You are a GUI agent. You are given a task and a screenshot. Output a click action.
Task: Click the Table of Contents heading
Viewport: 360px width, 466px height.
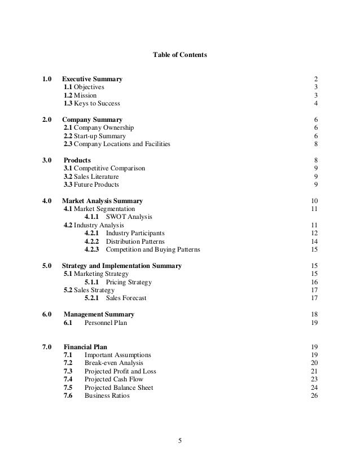(180, 55)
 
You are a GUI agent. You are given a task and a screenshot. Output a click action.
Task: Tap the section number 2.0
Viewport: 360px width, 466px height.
(47, 120)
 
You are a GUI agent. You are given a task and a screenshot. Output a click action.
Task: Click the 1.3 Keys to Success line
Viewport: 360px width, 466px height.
(91, 103)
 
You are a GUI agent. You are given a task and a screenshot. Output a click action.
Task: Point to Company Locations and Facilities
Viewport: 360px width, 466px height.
(117, 144)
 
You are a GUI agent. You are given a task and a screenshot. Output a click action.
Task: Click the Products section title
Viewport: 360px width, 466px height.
(77, 161)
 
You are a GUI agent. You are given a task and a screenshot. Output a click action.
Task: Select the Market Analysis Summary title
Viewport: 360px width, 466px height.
(102, 201)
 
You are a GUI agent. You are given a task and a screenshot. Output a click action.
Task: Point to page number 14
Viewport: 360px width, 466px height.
(314, 241)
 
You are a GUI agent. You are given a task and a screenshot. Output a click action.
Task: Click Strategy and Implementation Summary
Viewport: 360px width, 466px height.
(121, 266)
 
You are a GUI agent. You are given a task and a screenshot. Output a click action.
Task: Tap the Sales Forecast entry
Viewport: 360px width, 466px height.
(126, 298)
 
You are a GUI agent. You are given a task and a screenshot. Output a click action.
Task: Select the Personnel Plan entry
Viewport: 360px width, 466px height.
(106, 323)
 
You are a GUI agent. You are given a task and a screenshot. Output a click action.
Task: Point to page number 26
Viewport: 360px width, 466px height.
(314, 395)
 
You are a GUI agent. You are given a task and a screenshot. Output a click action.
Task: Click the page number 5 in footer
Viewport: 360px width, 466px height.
(180, 441)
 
